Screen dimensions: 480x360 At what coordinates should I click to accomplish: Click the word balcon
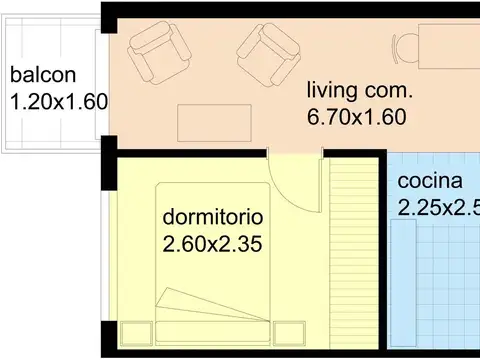pos(43,75)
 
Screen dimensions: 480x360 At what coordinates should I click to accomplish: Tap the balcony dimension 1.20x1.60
pos(59,102)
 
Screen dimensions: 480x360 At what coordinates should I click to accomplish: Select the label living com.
pos(360,90)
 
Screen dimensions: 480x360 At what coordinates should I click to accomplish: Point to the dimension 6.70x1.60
pos(356,117)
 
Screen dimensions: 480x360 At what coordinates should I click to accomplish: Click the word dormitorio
pos(213,217)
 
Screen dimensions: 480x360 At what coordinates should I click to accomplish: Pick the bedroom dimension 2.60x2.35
pos(212,244)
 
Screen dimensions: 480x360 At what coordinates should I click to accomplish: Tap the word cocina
pos(430,181)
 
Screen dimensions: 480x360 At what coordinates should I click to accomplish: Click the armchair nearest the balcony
pos(159,52)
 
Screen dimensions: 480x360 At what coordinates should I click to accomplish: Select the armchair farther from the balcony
pos(269,54)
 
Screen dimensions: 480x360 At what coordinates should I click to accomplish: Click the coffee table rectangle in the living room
pos(214,123)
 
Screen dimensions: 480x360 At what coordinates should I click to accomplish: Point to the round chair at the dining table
pos(405,49)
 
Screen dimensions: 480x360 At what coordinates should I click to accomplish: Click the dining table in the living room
pos(449,46)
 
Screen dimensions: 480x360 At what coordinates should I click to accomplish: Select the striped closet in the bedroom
pos(354,253)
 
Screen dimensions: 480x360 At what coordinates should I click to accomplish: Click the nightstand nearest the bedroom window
pos(136,333)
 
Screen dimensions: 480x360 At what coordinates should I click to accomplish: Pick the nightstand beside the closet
pos(289,333)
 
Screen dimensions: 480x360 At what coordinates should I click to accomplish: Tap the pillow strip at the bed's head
pos(213,331)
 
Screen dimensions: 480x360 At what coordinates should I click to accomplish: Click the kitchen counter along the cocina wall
pos(403,283)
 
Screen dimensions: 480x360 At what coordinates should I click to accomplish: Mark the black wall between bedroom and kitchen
pos(383,253)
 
